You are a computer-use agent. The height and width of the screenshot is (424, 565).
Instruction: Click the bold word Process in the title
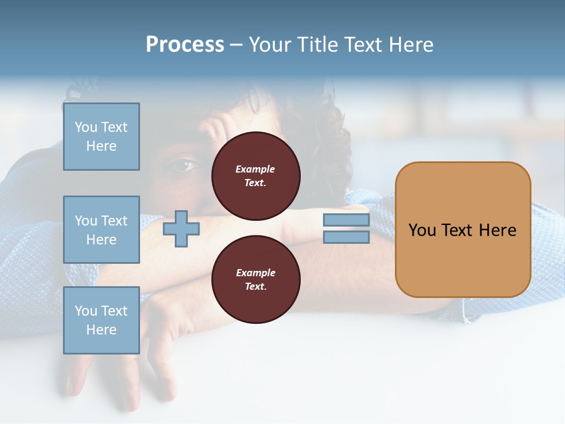point(185,45)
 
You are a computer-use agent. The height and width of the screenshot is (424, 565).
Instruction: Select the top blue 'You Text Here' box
point(101,137)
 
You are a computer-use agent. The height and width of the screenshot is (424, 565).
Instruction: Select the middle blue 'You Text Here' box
point(101,230)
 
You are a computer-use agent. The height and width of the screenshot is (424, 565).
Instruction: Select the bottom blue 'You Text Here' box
point(101,320)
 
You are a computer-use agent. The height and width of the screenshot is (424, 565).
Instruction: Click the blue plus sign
point(181,228)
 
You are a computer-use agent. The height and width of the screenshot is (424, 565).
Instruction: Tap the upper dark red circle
point(256,175)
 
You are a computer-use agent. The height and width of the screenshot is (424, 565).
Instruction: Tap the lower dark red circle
point(256,279)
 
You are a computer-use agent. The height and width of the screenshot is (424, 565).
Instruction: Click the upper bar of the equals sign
point(346,220)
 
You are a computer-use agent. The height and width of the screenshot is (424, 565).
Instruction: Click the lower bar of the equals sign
point(346,237)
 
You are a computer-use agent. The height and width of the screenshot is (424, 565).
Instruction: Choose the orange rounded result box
point(463,230)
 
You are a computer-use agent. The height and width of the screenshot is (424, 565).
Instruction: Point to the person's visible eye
point(182,166)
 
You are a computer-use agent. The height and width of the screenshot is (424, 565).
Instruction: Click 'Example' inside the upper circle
point(255,169)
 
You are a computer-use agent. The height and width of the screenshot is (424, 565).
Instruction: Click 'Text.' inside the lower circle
point(255,287)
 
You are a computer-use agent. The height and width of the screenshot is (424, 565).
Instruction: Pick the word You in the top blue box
point(85,127)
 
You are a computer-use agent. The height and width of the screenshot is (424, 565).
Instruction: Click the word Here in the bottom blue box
point(101,330)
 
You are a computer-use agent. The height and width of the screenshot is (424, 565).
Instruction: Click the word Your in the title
point(270,45)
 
